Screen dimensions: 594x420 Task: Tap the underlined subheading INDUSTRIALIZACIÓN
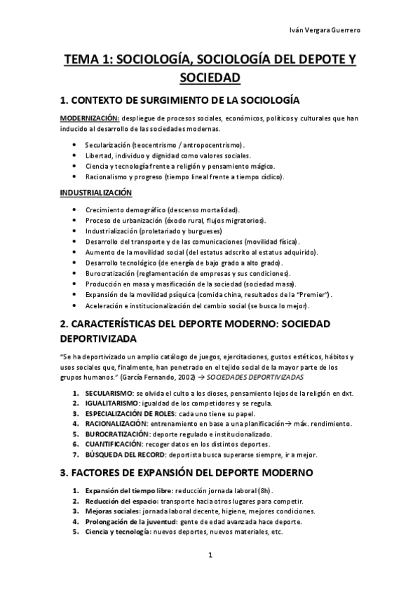click(x=95, y=192)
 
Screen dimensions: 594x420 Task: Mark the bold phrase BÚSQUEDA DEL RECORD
click(x=128, y=454)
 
